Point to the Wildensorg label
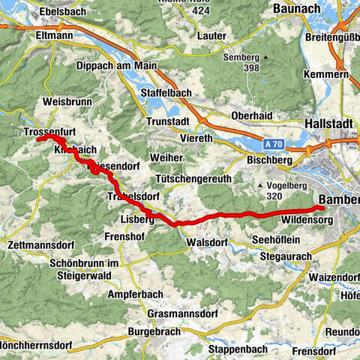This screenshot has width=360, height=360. (x=305, y=220)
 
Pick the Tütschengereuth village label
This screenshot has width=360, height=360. (x=191, y=179)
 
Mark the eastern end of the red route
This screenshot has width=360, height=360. (x=322, y=208)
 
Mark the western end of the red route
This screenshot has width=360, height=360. (x=38, y=139)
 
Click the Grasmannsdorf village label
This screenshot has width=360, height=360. (x=182, y=311)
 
